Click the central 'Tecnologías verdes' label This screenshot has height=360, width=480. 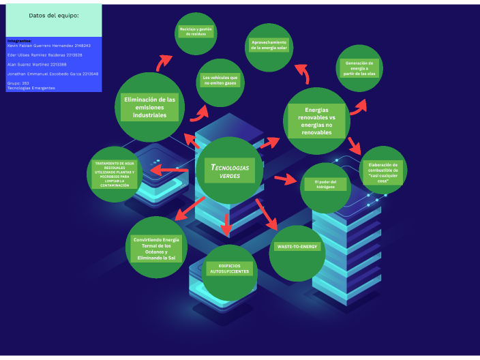coord(229,171)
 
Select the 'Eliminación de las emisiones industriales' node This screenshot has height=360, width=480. coord(149,107)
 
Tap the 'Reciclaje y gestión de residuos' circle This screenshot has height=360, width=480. coord(196,32)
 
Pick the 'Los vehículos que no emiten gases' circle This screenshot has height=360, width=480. coord(221,80)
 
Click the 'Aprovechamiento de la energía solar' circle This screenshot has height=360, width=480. coord(269,46)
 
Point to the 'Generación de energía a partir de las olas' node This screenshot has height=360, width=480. coord(361,69)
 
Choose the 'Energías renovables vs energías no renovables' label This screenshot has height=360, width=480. coord(316,120)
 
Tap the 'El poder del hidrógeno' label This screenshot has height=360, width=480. coord(325,185)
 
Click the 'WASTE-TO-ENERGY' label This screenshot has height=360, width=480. coord(297,246)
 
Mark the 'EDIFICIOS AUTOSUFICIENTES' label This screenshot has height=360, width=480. coord(229,269)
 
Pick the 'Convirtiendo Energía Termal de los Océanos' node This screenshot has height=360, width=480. coord(156,248)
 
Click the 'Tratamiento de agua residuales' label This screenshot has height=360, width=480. coord(115,174)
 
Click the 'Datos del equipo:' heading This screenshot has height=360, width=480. coord(54,15)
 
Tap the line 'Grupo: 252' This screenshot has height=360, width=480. coord(18,82)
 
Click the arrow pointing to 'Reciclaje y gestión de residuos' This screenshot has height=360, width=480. coord(164,63)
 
